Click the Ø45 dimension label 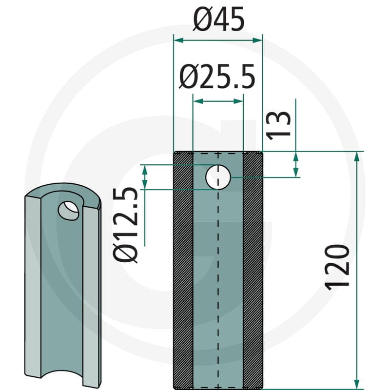click(x=218, y=19)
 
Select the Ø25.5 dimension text click(x=217, y=77)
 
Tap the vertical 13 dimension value click(x=278, y=125)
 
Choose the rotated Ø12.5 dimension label click(x=125, y=225)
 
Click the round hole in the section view click(x=218, y=177)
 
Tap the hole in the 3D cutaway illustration click(x=68, y=211)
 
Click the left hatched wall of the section click(x=183, y=270)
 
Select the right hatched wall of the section click(x=253, y=270)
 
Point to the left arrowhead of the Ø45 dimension click(x=178, y=40)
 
